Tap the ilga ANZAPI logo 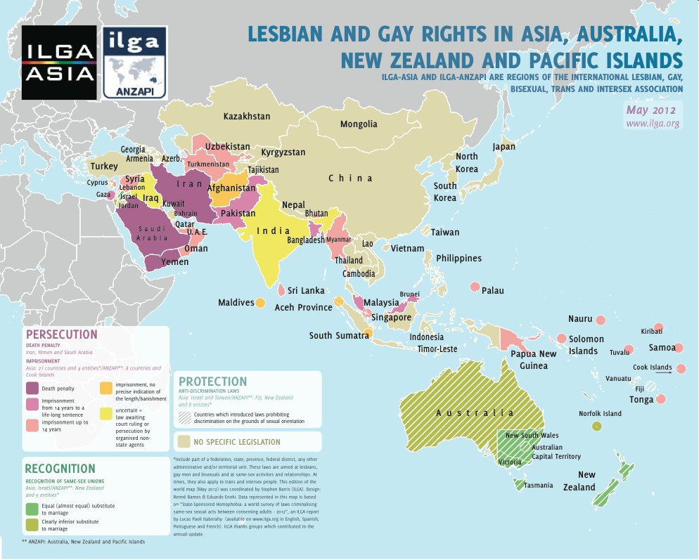click(x=134, y=62)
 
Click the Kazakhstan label click(x=247, y=116)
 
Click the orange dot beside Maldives click(x=260, y=303)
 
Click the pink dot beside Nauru click(x=601, y=320)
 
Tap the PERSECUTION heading click(x=61, y=334)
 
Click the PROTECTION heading click(x=213, y=382)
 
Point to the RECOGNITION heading click(x=60, y=469)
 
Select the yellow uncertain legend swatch click(x=105, y=412)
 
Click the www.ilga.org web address click(x=653, y=124)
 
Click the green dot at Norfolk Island click(x=597, y=426)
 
